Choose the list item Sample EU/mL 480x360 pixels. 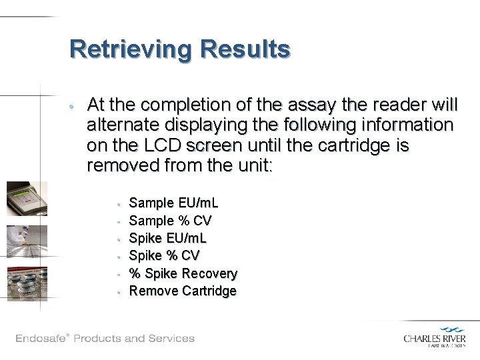click(173, 203)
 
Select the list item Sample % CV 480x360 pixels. click(170, 221)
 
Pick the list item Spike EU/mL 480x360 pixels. click(167, 238)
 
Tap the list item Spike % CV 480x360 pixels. click(164, 255)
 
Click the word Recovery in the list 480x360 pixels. click(209, 273)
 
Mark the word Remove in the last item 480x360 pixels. click(151, 291)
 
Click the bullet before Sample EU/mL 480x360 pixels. click(117, 203)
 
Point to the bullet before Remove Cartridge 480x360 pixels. click(117, 291)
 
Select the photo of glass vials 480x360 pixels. click(27, 283)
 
